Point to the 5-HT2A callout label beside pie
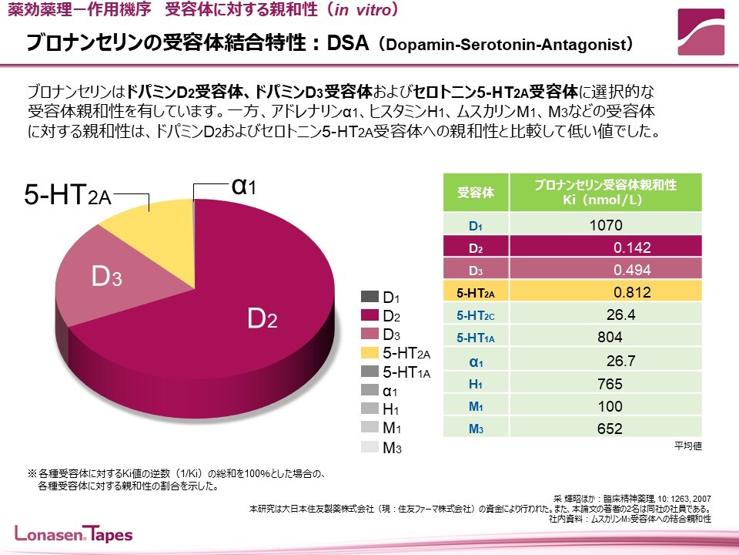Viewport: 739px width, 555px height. pyautogui.click(x=68, y=195)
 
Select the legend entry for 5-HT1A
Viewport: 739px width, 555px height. pyautogui.click(x=400, y=373)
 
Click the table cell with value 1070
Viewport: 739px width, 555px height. pyautogui.click(x=605, y=226)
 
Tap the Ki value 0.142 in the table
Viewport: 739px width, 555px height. pyautogui.click(x=632, y=248)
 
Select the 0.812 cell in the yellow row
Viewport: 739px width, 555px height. pyautogui.click(x=632, y=293)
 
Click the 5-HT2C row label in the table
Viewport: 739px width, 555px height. pyautogui.click(x=476, y=315)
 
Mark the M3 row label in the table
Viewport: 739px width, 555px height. pyautogui.click(x=476, y=429)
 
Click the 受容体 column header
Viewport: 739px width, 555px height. pyautogui.click(x=476, y=193)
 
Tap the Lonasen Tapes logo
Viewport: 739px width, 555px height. pyautogui.click(x=74, y=534)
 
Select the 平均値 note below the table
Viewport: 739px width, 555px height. pyautogui.click(x=688, y=446)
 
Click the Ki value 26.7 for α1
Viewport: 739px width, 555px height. pyautogui.click(x=620, y=361)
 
